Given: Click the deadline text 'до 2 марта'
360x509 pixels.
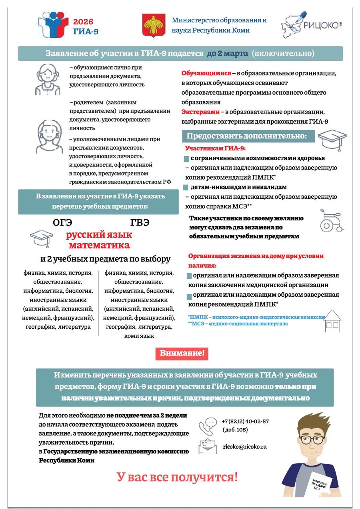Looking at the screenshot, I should pos(227,54).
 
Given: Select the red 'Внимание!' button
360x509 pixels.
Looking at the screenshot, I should pos(182,353).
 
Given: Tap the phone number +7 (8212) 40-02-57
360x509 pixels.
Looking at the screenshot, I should pos(245,421).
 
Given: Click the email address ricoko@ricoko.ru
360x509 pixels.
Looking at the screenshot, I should pos(245,447).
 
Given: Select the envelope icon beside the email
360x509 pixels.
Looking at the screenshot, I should pos(208,447).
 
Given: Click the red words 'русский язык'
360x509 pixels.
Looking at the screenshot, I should pos(99,235).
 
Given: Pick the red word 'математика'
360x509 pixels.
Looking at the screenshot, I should pos(99,245).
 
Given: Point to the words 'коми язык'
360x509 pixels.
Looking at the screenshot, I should pos(139,336).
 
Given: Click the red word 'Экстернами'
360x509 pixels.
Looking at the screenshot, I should pos(200,112).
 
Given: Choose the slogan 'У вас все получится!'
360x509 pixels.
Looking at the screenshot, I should pos(177,477).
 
